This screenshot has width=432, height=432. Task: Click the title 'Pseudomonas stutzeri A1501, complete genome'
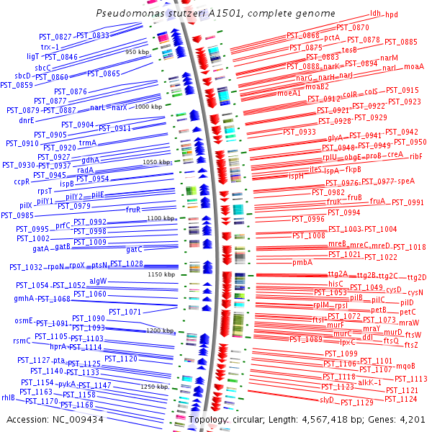[216, 14]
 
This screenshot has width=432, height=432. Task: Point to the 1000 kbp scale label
[148, 107]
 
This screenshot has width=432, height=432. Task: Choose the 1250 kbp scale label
[155, 387]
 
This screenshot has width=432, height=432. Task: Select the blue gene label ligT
[33, 55]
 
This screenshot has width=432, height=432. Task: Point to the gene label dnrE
[26, 121]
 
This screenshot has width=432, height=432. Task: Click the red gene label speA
[406, 181]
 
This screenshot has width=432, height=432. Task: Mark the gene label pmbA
[302, 263]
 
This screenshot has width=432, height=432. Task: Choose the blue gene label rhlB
[9, 397]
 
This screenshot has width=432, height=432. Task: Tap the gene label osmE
[24, 320]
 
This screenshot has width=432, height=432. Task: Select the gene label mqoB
[405, 365]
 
